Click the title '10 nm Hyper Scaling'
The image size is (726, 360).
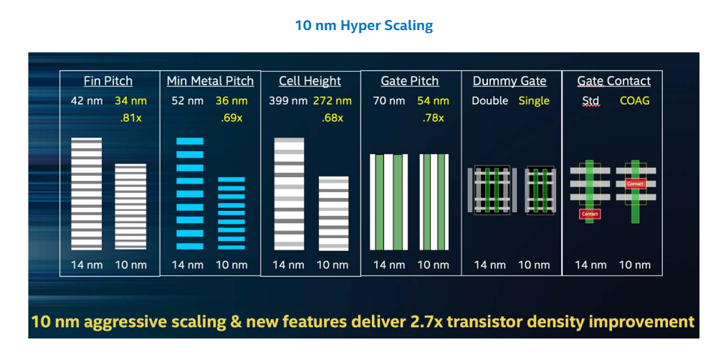363,26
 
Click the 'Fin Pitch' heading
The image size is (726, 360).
107,81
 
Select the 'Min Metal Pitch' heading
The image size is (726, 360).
210,81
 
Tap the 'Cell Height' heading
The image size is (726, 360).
310,81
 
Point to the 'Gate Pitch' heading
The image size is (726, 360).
409,81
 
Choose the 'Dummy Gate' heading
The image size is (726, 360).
510,81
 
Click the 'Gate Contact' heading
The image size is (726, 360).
613,81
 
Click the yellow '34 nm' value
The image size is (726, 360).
130,101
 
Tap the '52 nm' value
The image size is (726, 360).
187,101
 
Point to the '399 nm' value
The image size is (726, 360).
288,101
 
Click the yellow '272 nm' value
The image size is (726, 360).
332,101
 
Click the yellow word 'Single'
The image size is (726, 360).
534,101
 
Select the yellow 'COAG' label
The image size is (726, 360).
634,101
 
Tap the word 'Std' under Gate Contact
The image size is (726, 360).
591,101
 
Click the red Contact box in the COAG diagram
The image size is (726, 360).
635,184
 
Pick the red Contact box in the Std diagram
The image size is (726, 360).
590,214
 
